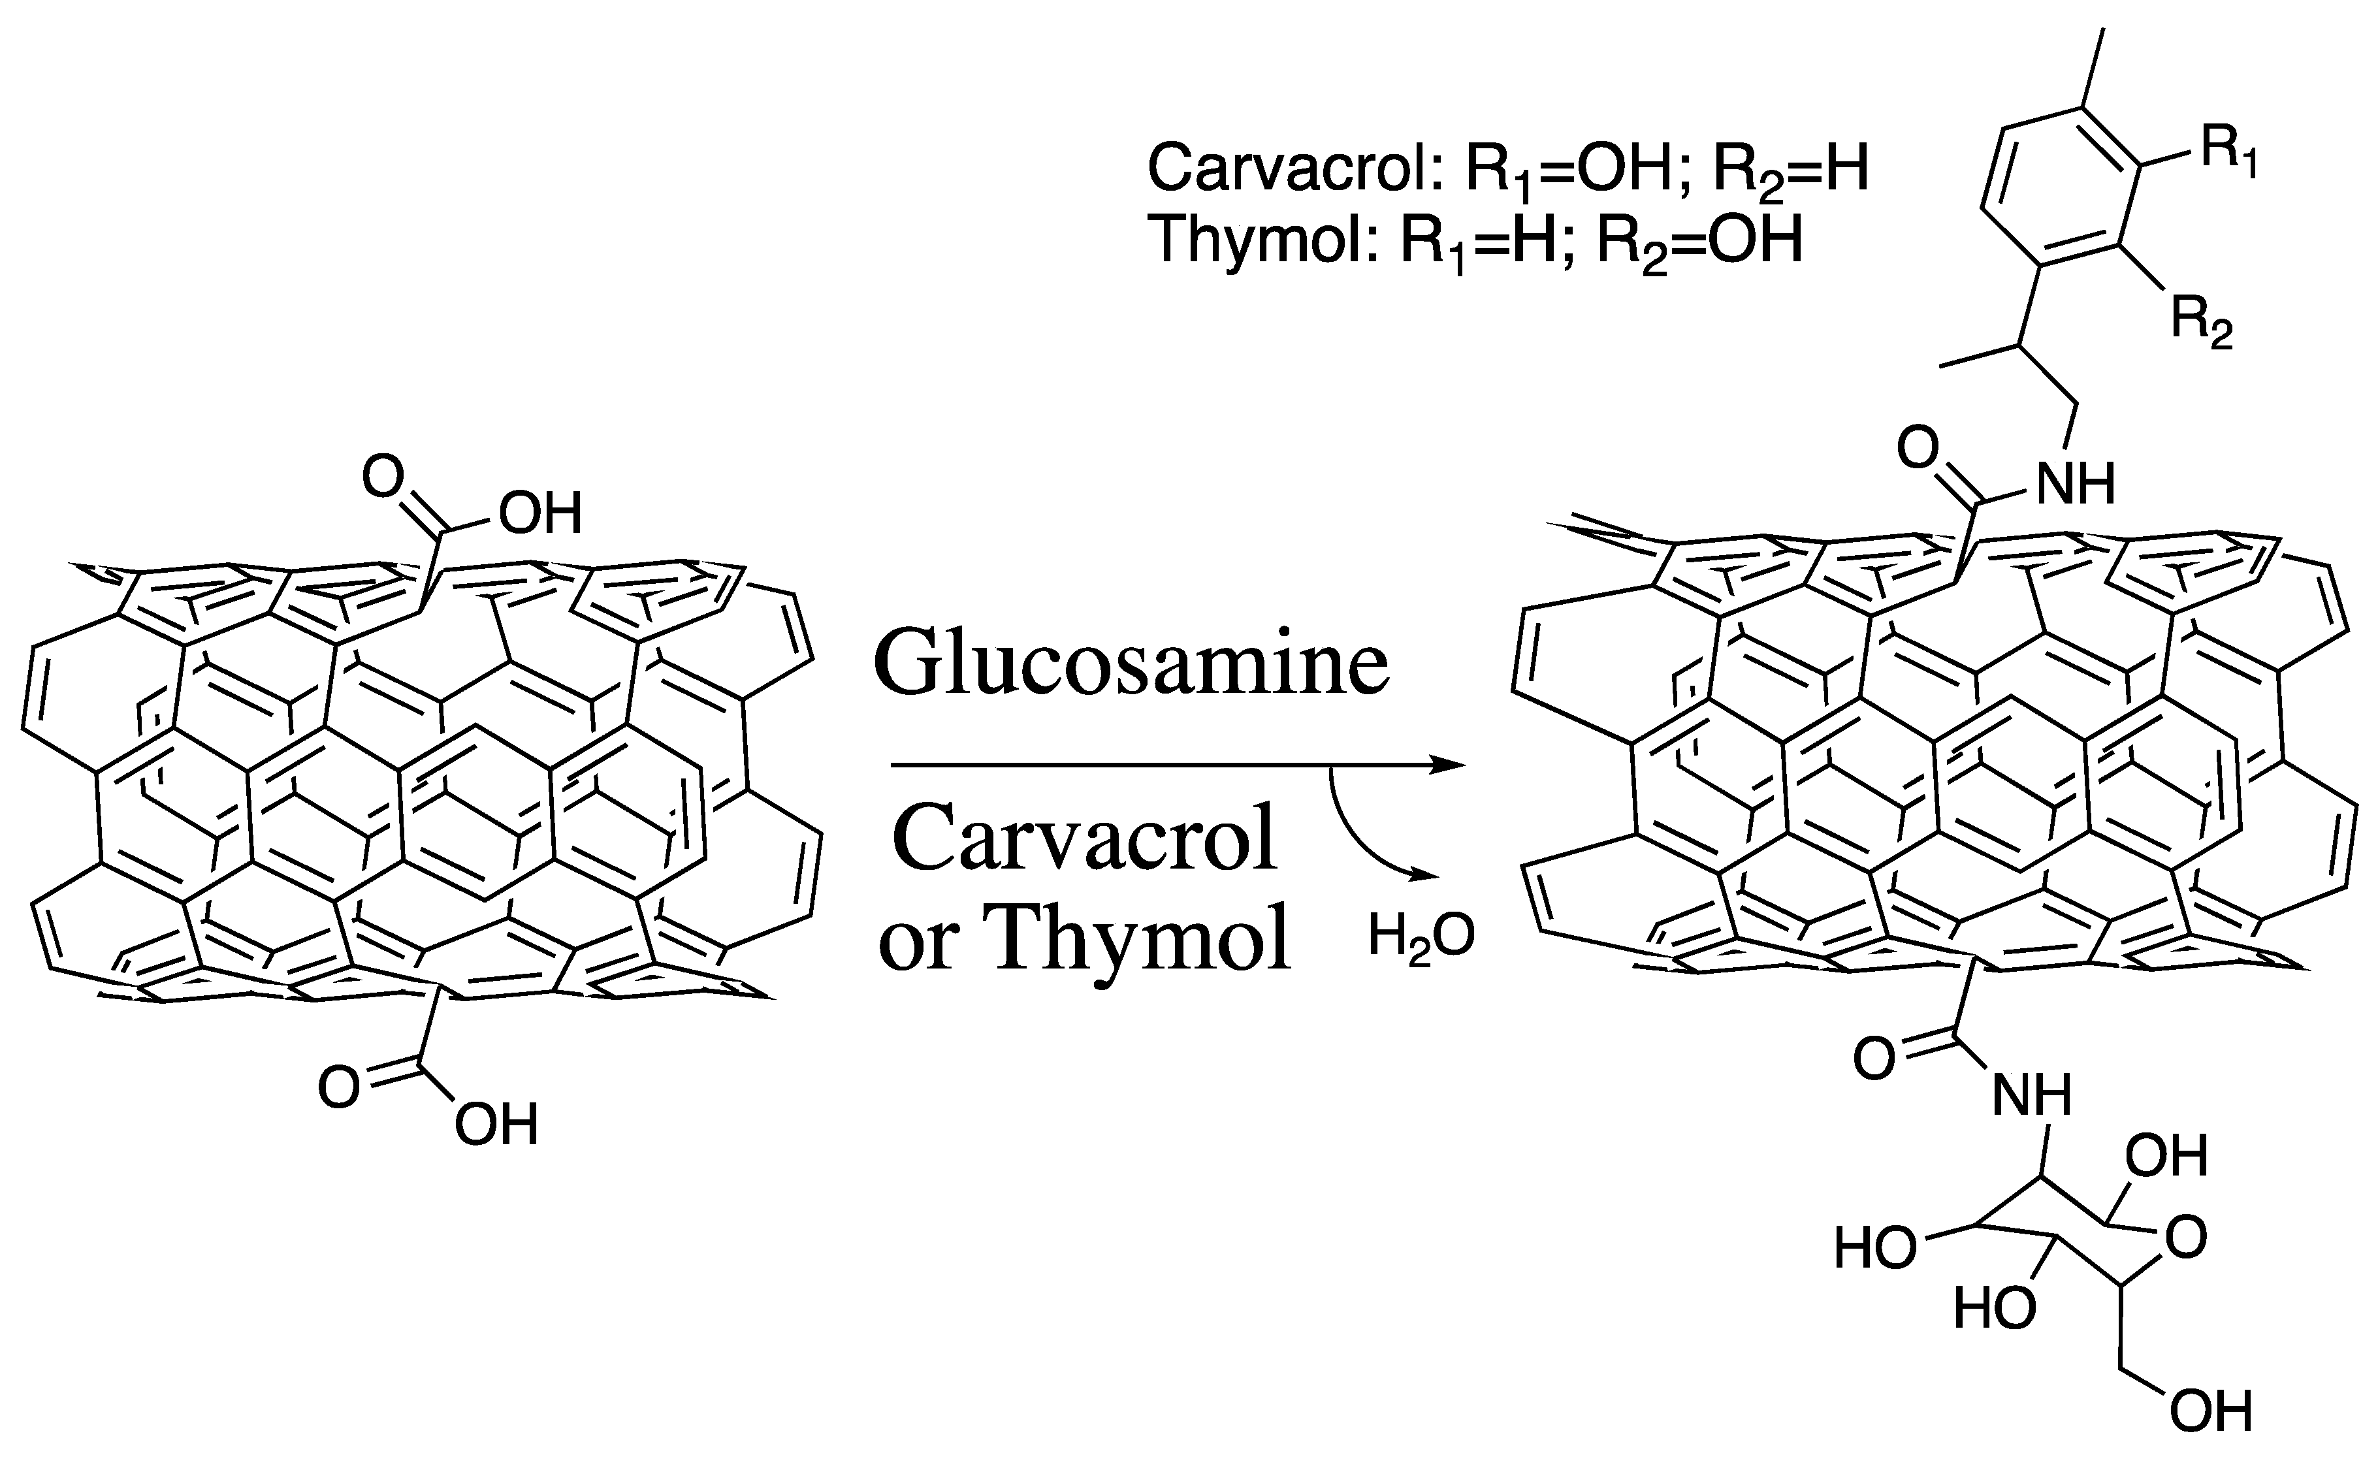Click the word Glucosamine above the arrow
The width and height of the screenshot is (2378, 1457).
coord(1131,664)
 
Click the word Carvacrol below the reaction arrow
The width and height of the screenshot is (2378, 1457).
coord(1085,837)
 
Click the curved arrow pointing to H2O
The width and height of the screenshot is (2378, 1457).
coord(1361,839)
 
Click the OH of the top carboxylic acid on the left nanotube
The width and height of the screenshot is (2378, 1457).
coord(541,513)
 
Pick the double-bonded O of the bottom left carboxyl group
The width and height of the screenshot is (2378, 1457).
coord(339,1087)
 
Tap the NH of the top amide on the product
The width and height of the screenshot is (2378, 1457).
coord(2075,483)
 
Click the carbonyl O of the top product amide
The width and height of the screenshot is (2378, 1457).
coord(1918,448)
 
